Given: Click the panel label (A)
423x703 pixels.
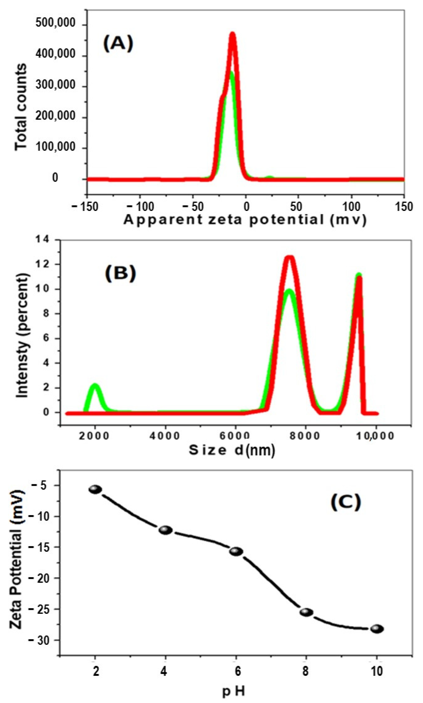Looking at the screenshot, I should [118, 45].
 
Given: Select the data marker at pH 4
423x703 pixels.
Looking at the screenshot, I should [166, 530].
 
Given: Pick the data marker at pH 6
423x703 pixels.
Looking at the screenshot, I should [236, 551].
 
